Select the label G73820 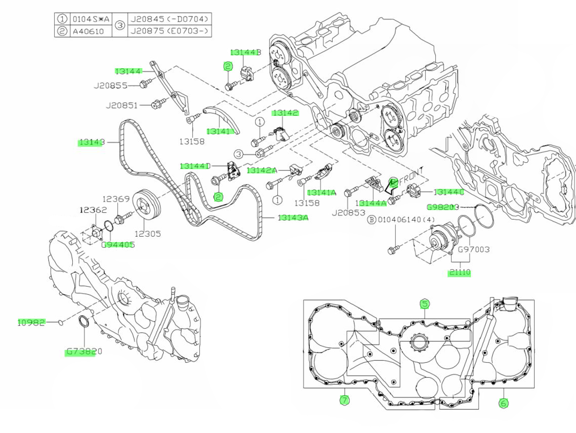[84, 352]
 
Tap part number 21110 [460, 272]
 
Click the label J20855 [111, 85]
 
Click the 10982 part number [31, 322]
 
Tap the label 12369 [116, 199]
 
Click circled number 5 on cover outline [425, 304]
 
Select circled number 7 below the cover [344, 400]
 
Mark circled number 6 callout [503, 403]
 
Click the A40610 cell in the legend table [90, 31]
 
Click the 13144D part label [195, 166]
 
